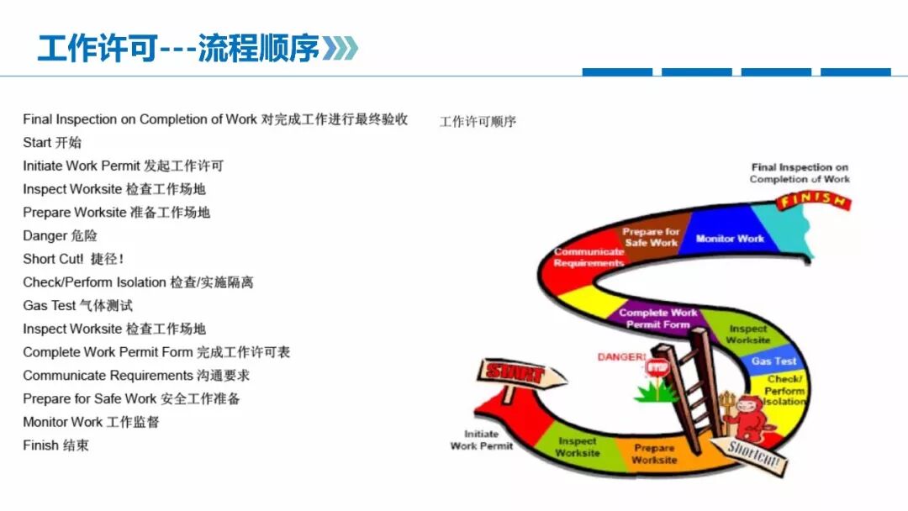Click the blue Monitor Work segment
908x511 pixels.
click(730, 239)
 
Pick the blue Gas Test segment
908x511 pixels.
click(773, 361)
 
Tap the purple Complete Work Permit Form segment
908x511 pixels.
click(657, 318)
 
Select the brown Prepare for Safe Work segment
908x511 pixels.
click(651, 236)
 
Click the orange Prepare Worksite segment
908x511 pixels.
click(653, 454)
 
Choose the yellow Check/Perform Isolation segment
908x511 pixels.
click(784, 390)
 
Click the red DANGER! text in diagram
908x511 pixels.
click(621, 357)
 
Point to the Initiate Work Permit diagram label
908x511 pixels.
click(481, 440)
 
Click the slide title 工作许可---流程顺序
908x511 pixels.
click(178, 49)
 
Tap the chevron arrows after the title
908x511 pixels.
click(341, 49)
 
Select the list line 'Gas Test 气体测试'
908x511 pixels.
click(77, 305)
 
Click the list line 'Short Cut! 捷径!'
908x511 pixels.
click(73, 259)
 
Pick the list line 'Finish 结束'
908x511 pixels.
click(55, 445)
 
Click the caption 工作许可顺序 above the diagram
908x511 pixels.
click(478, 122)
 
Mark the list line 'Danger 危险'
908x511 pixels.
click(60, 235)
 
